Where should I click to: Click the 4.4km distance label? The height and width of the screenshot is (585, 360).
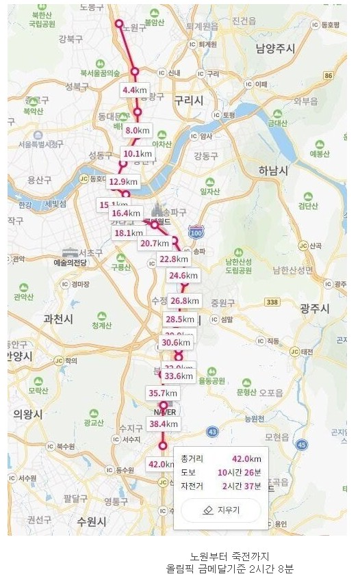(135, 90)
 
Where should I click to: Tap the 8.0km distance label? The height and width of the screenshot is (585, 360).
(138, 130)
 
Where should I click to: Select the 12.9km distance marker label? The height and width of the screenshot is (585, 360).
(124, 181)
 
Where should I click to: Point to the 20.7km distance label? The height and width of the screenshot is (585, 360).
(154, 243)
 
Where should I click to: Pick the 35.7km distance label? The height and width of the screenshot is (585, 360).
(163, 393)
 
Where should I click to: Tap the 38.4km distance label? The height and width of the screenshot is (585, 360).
(164, 424)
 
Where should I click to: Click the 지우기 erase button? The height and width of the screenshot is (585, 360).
(221, 510)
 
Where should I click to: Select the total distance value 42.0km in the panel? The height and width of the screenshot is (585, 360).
(246, 458)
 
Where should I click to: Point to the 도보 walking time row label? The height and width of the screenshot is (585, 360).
(189, 472)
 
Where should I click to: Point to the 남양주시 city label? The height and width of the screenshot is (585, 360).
(275, 49)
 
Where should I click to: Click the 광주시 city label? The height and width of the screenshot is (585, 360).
(316, 310)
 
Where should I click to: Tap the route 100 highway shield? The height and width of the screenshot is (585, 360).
(196, 233)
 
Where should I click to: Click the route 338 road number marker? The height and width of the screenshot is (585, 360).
(272, 302)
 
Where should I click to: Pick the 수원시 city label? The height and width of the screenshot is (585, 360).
(91, 521)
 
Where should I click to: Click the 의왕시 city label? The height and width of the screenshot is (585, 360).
(27, 414)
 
